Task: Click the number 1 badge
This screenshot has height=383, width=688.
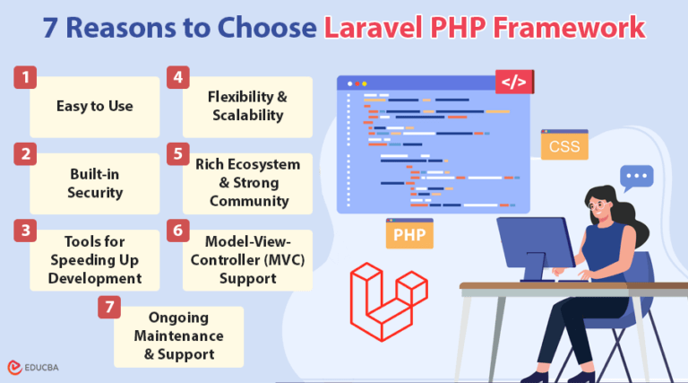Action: (24, 77)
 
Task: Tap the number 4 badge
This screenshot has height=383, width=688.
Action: (177, 77)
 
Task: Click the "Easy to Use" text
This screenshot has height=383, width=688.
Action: (95, 106)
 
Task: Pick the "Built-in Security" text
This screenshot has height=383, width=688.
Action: (95, 182)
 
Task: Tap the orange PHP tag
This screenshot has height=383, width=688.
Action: (409, 235)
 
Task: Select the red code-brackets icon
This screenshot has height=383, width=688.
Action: (513, 83)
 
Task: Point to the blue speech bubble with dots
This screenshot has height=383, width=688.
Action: (637, 177)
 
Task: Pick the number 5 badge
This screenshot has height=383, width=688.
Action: (177, 153)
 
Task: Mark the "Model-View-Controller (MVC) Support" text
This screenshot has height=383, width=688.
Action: (247, 259)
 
